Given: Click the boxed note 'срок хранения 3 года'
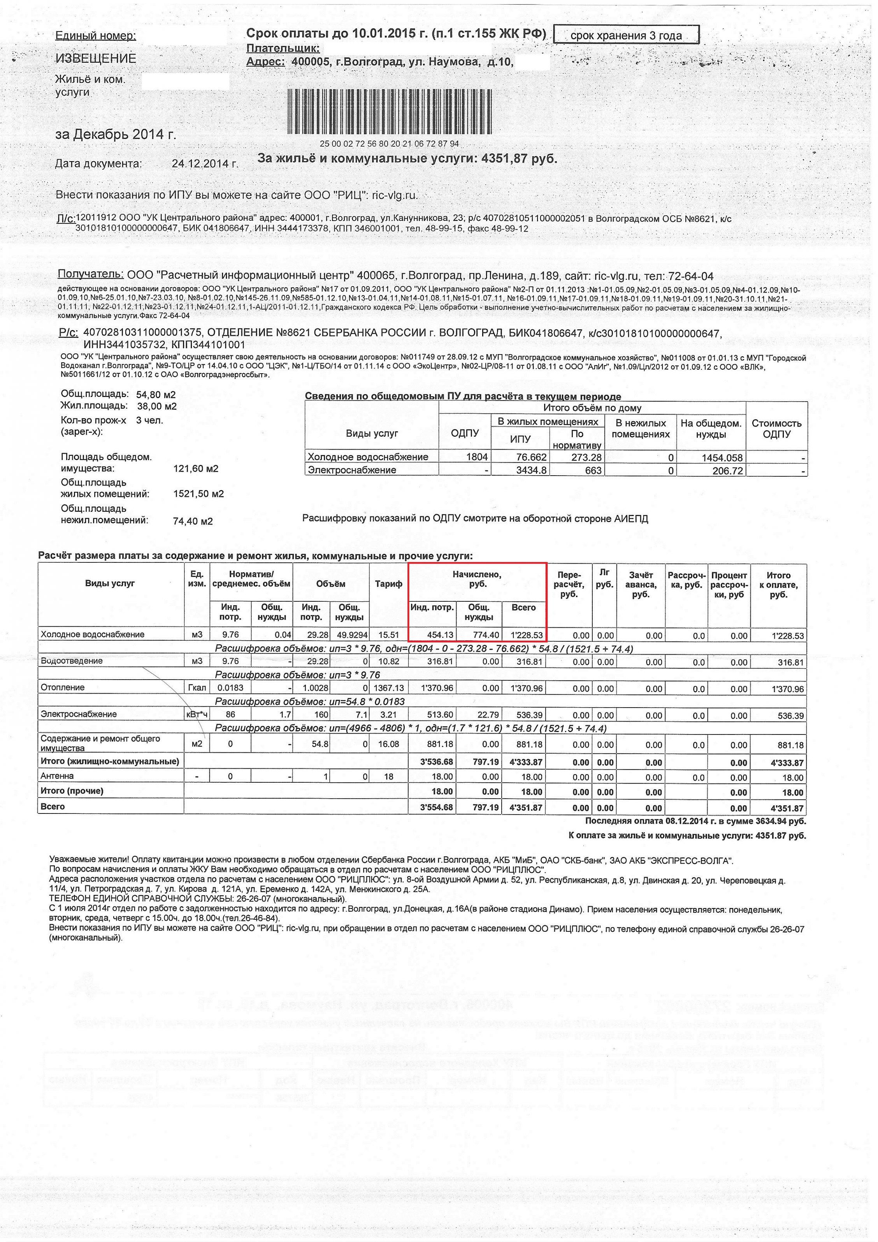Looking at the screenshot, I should (x=626, y=36).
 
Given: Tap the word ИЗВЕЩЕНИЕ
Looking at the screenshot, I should (x=96, y=58).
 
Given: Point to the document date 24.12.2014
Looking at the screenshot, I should (x=204, y=163).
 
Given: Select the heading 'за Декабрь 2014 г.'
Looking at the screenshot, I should (x=116, y=134).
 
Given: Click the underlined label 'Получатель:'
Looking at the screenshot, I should (x=90, y=274).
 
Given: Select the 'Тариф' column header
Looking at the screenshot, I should (x=388, y=584).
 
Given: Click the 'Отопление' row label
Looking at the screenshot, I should (x=63, y=687).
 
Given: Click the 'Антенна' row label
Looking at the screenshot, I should (x=57, y=776).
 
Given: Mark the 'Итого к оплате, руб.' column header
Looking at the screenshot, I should (x=778, y=585).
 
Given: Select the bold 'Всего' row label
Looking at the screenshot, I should (x=53, y=806).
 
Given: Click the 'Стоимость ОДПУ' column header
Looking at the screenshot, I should (x=776, y=429).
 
